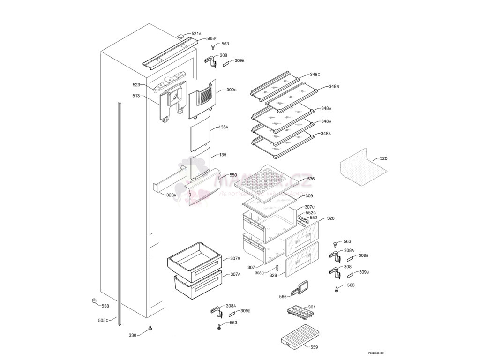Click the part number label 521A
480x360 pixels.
tap(196, 34)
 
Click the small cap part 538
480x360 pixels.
tap(94, 300)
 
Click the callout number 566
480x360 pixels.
tap(283, 296)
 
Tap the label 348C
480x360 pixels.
tap(315, 75)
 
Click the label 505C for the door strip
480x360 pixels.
tap(103, 320)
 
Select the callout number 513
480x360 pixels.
tap(136, 96)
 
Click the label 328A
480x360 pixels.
tap(171, 195)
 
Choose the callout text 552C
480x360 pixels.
tap(311, 213)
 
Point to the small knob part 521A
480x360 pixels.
tap(181, 36)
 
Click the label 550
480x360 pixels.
tap(232, 175)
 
